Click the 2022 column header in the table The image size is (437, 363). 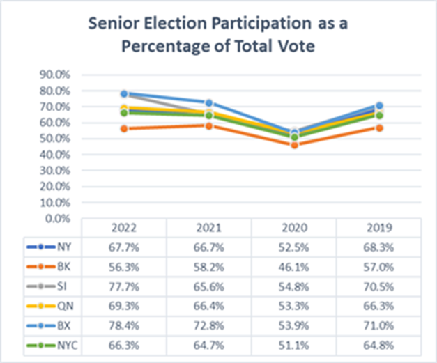click(123, 227)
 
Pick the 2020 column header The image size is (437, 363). click(293, 227)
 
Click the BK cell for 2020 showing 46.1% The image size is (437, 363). click(293, 265)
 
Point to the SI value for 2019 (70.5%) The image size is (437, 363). click(379, 285)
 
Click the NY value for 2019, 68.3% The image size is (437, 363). click(379, 246)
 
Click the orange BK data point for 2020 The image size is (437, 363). click(294, 145)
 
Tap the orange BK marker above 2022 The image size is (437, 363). click(124, 128)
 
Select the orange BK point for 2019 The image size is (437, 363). click(379, 128)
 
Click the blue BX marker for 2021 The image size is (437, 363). click(209, 102)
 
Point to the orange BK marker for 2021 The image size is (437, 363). click(209, 125)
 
